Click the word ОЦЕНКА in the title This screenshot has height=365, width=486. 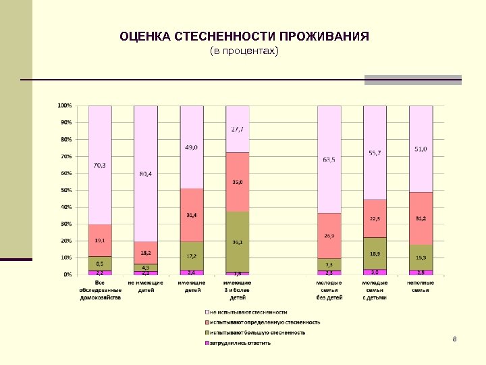(x=144, y=36)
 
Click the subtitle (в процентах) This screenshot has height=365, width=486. (x=244, y=51)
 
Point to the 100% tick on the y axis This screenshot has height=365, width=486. (x=65, y=105)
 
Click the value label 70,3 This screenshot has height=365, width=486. (x=99, y=164)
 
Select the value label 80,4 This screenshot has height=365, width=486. (x=145, y=174)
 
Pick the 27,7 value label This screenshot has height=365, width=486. (x=237, y=129)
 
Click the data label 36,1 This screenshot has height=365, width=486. (x=237, y=243)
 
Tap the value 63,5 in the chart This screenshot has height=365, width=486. (x=329, y=160)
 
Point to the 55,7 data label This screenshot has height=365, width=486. (x=375, y=153)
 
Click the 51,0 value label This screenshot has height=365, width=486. (x=421, y=149)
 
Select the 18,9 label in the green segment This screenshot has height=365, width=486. (x=375, y=253)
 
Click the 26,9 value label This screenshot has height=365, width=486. (x=329, y=236)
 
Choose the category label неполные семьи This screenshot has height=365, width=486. (x=421, y=286)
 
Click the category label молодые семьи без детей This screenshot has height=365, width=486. (x=329, y=289)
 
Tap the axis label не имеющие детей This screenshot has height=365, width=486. (x=145, y=286)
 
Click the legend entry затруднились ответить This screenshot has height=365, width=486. (x=239, y=342)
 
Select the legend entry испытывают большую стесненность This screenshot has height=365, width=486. (x=256, y=332)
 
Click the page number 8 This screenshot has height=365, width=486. (x=455, y=338)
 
